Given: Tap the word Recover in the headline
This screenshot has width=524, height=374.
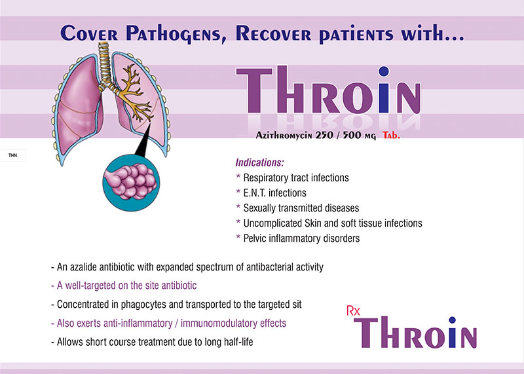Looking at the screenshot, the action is pos(273,33).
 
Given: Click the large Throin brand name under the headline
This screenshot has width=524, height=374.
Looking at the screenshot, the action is pos(328,90).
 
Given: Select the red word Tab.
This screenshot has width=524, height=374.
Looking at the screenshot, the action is pos(391,135).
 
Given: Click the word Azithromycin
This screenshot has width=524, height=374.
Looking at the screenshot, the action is pos(284,135).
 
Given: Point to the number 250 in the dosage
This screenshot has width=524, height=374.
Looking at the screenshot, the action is pos(324,135).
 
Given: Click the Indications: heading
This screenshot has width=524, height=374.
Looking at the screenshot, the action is pos(259,162).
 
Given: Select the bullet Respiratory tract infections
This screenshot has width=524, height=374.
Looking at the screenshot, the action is pos(296,178).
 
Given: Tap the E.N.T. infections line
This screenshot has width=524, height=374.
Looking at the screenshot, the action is pos(274,193).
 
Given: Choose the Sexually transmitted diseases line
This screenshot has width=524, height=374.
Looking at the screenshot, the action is pos(301,208).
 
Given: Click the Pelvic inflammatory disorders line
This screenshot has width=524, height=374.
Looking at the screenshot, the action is pos(301,238).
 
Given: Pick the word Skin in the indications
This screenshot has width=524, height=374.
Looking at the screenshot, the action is pos(312,223).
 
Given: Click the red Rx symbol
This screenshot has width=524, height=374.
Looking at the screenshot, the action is pos(353,311).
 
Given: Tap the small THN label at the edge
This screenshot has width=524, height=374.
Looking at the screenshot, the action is pos(12,155).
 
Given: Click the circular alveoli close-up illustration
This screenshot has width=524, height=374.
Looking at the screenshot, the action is pos(131,183).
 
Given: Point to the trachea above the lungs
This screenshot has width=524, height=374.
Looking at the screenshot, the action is pos(105,64).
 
